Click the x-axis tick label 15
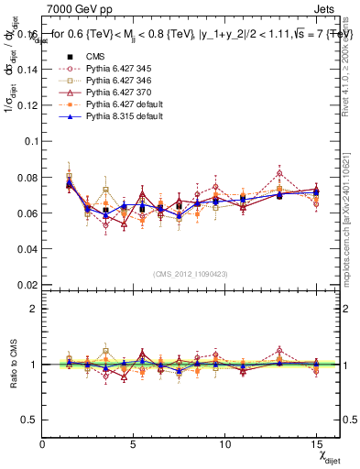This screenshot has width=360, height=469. coord(316,444)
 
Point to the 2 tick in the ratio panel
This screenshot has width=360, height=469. coord(34,309)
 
